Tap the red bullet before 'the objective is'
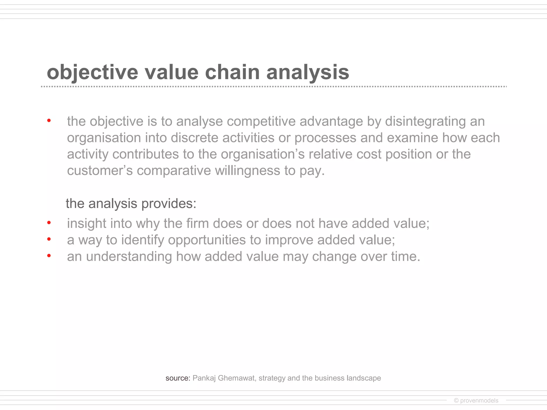(x=49, y=121)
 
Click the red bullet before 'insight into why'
(x=49, y=223)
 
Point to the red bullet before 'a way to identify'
(x=49, y=239)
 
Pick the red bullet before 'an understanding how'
(x=49, y=256)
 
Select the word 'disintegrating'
(x=425, y=121)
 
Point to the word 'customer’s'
(x=100, y=171)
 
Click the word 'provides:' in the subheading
(x=169, y=204)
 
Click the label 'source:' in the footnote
(x=178, y=378)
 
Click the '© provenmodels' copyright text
(x=476, y=400)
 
